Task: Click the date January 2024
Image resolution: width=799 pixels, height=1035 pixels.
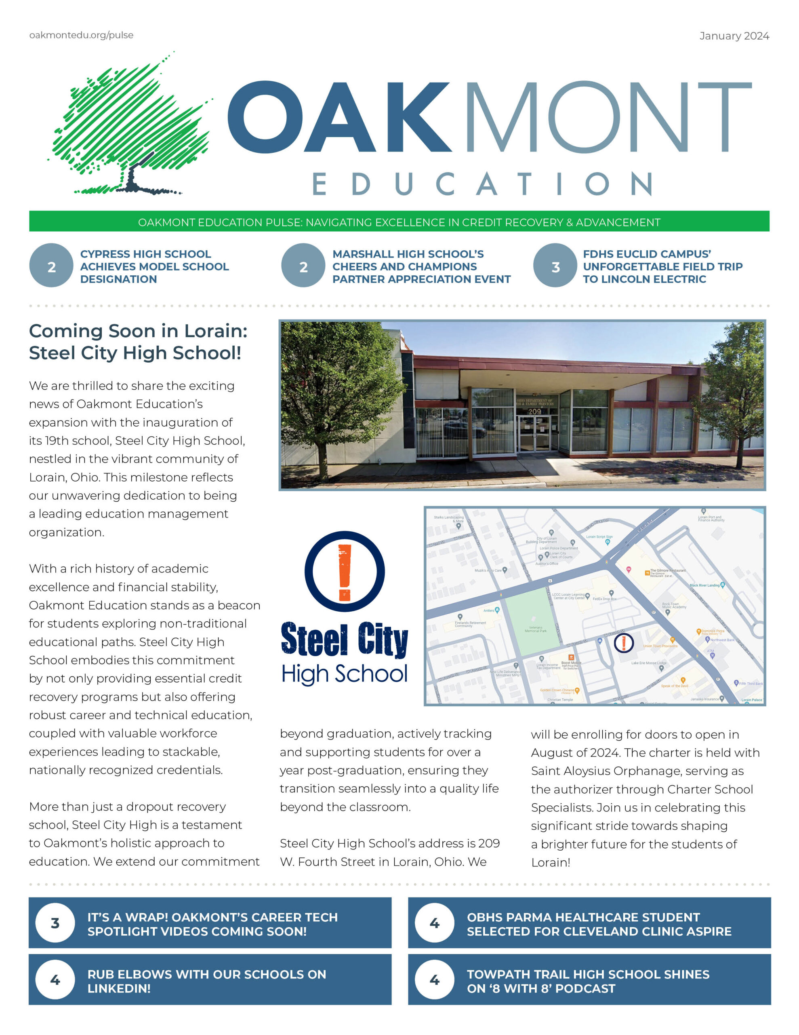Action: tap(734, 36)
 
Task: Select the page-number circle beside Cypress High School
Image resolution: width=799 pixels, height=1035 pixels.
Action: tap(51, 266)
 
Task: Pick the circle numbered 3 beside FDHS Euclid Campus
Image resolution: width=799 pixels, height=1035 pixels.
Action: tap(555, 266)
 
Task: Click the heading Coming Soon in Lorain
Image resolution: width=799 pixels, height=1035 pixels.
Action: tap(138, 342)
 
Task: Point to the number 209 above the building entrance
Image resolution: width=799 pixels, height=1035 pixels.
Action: tap(534, 411)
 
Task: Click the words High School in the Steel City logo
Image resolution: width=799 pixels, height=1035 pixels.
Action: tap(344, 674)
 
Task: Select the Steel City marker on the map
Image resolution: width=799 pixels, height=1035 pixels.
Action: tap(623, 642)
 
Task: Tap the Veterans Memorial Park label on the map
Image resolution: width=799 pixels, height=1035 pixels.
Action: tap(535, 629)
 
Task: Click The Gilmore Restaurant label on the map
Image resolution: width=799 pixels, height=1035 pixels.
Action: tap(667, 570)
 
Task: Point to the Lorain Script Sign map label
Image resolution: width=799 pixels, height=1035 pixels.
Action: tap(599, 537)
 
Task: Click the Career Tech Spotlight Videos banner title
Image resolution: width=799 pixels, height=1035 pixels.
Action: tap(212, 924)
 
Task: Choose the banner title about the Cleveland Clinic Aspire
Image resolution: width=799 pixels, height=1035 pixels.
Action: tap(599, 924)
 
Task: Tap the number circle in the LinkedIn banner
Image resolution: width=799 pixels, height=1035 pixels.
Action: tap(55, 980)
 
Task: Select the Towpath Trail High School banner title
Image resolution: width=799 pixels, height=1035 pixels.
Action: tap(588, 981)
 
